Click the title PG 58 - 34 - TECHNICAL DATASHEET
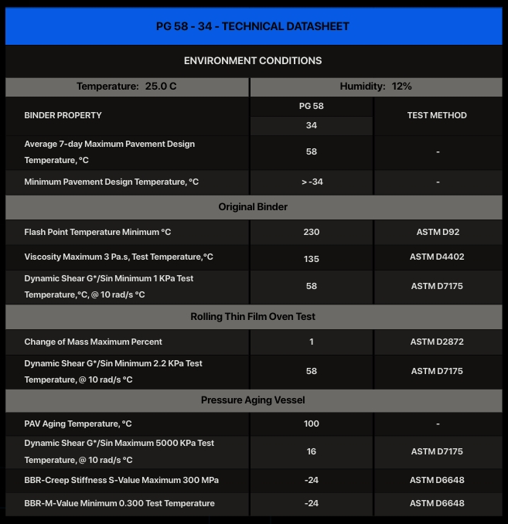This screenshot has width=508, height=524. [x=253, y=26]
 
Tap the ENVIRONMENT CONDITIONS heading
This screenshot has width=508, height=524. [x=253, y=60]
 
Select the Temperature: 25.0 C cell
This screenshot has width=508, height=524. [x=127, y=87]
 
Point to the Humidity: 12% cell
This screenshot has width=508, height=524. [x=376, y=87]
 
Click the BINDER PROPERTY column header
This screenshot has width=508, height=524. [x=63, y=115]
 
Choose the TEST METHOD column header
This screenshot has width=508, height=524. [x=437, y=115]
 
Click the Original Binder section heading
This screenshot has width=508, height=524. [x=253, y=207]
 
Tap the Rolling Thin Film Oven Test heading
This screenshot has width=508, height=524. [x=253, y=317]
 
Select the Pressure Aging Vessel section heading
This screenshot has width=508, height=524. [x=253, y=400]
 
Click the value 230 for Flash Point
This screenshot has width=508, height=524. [x=312, y=232]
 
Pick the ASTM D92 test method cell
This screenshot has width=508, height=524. [x=438, y=232]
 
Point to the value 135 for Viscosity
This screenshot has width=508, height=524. [x=312, y=259]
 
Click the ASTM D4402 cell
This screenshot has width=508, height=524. [x=438, y=257]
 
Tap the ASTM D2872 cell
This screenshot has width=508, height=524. [x=438, y=342]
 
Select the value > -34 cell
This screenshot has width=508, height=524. [x=312, y=182]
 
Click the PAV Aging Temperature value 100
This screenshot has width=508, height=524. [x=312, y=424]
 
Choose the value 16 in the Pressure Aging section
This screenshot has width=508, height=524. [x=312, y=451]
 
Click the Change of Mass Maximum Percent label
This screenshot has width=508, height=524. [x=94, y=342]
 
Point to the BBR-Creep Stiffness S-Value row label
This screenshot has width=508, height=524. [x=121, y=480]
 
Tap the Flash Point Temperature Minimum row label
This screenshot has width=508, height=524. [x=97, y=232]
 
